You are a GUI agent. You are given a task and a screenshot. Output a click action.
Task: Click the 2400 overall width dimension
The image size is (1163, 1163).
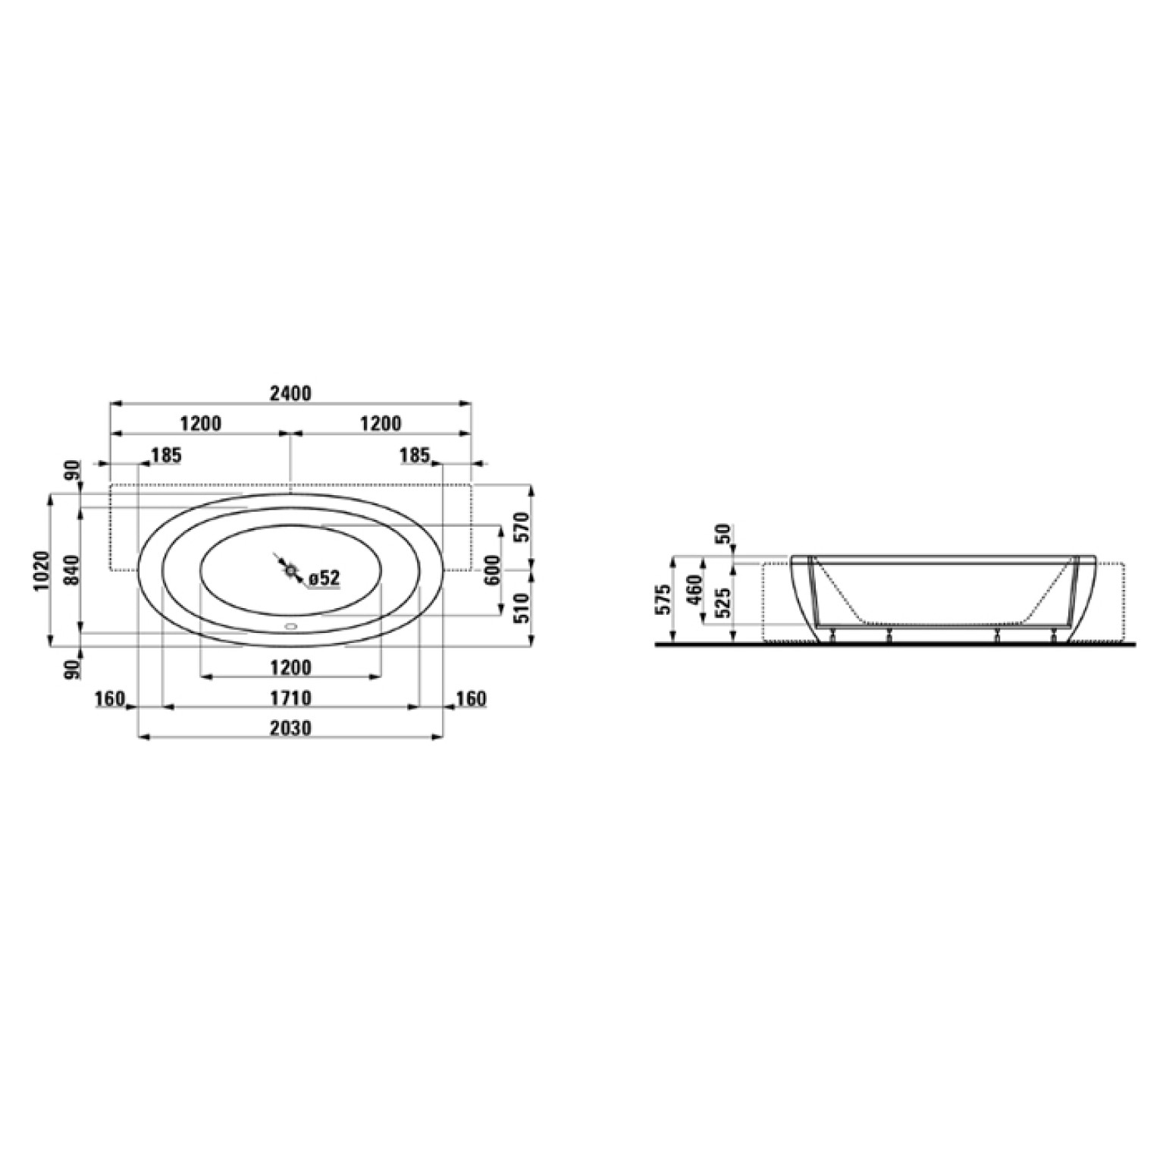click(x=291, y=393)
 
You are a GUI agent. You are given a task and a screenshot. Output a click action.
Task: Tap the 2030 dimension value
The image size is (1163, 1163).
click(x=291, y=729)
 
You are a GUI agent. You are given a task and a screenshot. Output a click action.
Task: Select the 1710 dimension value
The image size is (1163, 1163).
click(x=291, y=697)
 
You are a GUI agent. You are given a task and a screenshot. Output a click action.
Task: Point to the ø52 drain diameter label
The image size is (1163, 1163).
click(x=324, y=578)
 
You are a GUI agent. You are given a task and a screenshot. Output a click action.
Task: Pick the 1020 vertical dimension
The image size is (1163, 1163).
click(x=42, y=570)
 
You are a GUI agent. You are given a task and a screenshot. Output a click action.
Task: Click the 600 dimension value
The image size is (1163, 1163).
click(x=493, y=570)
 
